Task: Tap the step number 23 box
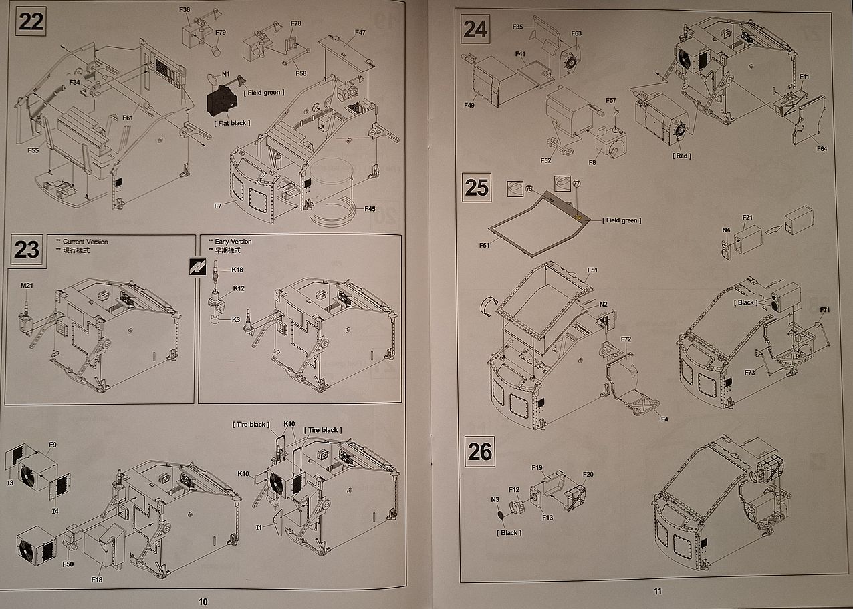[27, 250]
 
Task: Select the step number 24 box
[476, 29]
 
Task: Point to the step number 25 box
[477, 188]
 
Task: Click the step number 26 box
[480, 452]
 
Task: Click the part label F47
[360, 33]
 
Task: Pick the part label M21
[27, 286]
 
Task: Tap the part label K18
[237, 270]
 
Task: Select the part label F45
[370, 209]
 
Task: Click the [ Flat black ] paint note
[231, 124]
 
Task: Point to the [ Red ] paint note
[681, 156]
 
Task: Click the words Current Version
[85, 242]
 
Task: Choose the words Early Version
[233, 242]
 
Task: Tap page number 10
[203, 602]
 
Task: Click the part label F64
[821, 149]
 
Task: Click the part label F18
[97, 579]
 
